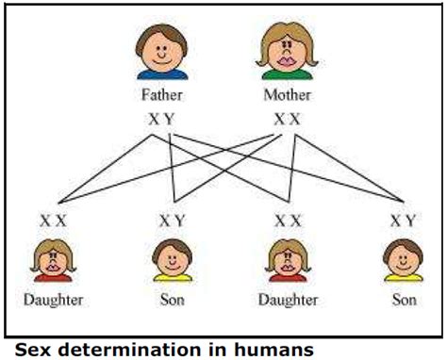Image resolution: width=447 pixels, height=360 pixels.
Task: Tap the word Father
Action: [163, 94]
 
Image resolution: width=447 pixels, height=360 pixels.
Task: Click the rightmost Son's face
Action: [404, 255]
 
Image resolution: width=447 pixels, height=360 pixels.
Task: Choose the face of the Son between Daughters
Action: [172, 255]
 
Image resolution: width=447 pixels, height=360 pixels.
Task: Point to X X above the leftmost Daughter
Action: [53, 221]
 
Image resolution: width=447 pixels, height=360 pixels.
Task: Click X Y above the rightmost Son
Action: [403, 221]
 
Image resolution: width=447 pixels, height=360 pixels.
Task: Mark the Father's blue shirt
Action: [163, 73]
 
